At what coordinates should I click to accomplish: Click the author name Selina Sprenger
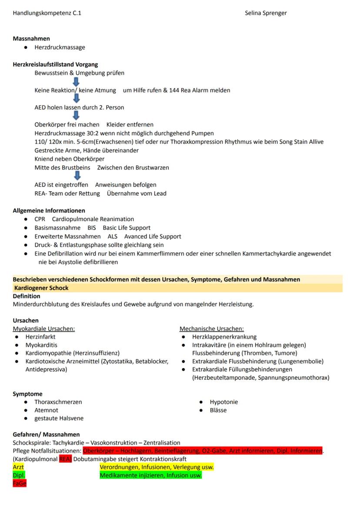(x=266, y=13)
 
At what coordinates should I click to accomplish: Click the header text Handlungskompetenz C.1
(x=47, y=13)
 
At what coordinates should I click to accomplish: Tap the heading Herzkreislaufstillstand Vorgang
(x=55, y=64)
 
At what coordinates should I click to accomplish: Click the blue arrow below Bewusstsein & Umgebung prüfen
(x=76, y=82)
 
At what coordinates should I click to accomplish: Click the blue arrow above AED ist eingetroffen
(x=77, y=176)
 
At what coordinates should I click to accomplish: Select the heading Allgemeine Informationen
(x=49, y=210)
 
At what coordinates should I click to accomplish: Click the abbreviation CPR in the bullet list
(x=40, y=219)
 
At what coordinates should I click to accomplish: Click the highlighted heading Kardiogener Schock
(x=41, y=288)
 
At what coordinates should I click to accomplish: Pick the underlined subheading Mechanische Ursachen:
(x=211, y=329)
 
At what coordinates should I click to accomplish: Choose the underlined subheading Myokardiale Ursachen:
(x=43, y=329)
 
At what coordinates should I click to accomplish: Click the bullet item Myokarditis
(x=40, y=345)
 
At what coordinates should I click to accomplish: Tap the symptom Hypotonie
(x=223, y=402)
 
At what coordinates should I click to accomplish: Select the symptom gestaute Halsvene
(x=59, y=418)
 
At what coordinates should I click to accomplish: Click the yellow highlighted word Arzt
(x=18, y=467)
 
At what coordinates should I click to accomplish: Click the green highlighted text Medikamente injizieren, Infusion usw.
(x=150, y=475)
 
